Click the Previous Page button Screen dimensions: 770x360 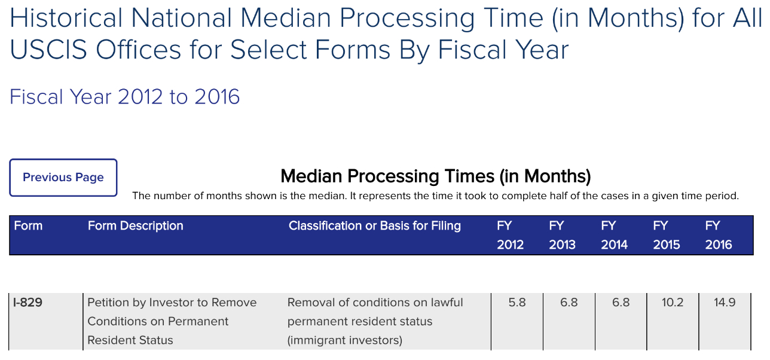coord(63,178)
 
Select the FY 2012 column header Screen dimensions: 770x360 coord(510,235)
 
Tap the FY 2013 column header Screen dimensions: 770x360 coord(562,235)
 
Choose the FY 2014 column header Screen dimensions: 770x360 coord(615,235)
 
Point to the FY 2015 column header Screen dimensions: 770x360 coord(666,235)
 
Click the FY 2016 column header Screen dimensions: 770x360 coord(719,235)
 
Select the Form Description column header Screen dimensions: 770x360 coord(136,226)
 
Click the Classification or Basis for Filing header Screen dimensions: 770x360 coord(375,226)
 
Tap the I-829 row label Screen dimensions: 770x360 coord(27,303)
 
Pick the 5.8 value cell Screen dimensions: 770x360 coord(517,303)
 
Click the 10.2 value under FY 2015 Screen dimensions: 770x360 coord(673,303)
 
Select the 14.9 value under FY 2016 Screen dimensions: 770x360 coord(725,303)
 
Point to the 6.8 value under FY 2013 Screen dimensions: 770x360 coord(569,303)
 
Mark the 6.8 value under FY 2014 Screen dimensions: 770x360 coord(621,303)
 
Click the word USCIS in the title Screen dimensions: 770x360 coord(48,50)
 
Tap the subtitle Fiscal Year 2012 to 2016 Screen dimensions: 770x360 coord(124,97)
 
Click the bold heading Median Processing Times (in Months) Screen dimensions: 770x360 coord(436,176)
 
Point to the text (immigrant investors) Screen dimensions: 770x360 coord(345,340)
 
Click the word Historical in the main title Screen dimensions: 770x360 coord(66,18)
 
